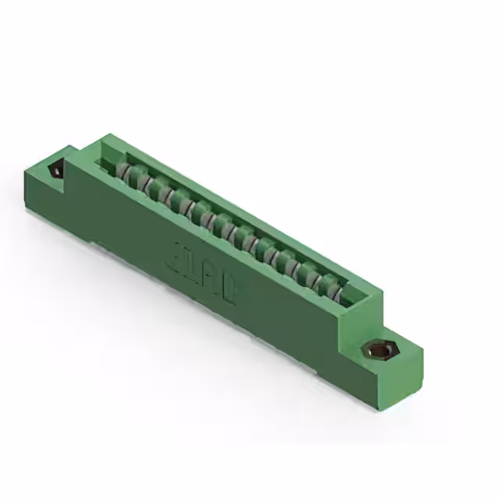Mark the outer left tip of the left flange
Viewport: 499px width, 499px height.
27,165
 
